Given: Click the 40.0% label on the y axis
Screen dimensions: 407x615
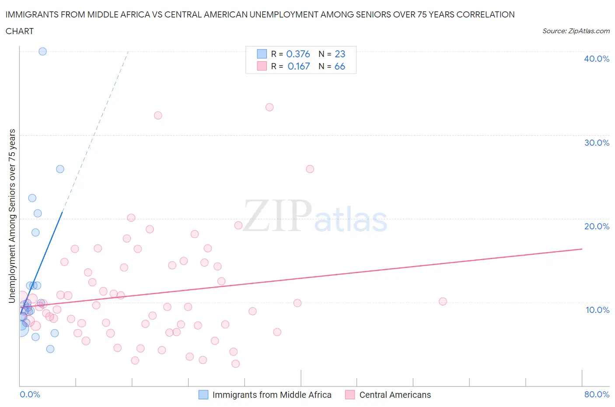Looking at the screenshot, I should pyautogui.click(x=596, y=59).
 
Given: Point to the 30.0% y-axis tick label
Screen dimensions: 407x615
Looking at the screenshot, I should pyautogui.click(x=596, y=143).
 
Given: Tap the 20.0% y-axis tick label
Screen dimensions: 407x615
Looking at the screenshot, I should pyautogui.click(x=596, y=226).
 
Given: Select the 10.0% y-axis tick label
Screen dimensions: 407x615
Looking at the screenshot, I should pyautogui.click(x=597, y=310).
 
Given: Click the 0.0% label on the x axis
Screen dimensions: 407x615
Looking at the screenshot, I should pyautogui.click(x=30, y=394).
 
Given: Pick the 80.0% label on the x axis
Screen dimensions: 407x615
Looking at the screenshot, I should pyautogui.click(x=596, y=394).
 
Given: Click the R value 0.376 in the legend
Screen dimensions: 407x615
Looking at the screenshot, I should pyautogui.click(x=298, y=54).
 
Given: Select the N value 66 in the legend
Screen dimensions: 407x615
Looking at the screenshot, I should pyautogui.click(x=340, y=66).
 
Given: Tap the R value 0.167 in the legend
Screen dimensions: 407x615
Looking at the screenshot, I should pyautogui.click(x=299, y=66).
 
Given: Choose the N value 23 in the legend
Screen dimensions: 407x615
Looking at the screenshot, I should pyautogui.click(x=340, y=54).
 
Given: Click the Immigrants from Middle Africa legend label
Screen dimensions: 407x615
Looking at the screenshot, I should pyautogui.click(x=272, y=395).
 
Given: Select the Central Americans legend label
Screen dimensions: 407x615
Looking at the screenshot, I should pyautogui.click(x=395, y=395).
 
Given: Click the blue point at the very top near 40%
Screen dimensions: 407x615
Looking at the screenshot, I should pyautogui.click(x=42, y=51).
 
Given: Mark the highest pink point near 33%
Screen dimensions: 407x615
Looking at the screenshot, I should pyautogui.click(x=269, y=107).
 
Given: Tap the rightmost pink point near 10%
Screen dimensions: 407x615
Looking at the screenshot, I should pyautogui.click(x=443, y=301).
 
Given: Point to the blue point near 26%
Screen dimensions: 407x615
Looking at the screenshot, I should pyautogui.click(x=60, y=169).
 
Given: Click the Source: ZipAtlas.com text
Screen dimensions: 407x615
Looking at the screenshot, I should pyautogui.click(x=576, y=31).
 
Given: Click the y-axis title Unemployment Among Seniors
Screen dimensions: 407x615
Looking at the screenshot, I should pyautogui.click(x=12, y=216).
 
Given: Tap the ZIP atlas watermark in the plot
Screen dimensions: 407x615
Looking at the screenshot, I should pyautogui.click(x=315, y=217).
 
